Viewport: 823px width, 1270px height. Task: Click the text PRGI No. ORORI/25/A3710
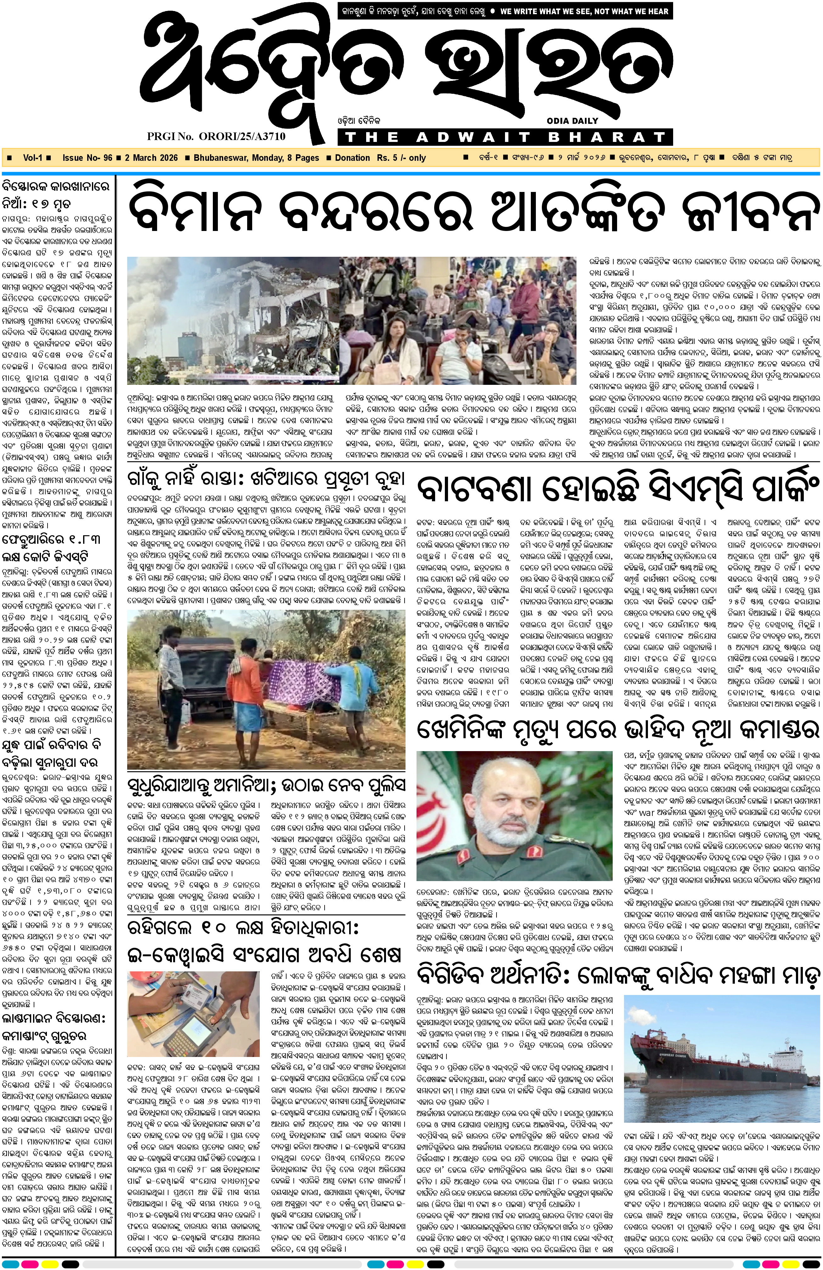pyautogui.click(x=216, y=136)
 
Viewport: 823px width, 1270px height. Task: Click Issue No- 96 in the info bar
pyautogui.click(x=87, y=158)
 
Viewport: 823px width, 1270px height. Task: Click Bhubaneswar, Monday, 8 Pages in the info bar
pyautogui.click(x=256, y=158)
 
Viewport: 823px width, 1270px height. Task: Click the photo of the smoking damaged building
pyautogui.click(x=233, y=320)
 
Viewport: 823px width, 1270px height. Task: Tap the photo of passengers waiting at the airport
pyautogui.click(x=458, y=320)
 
